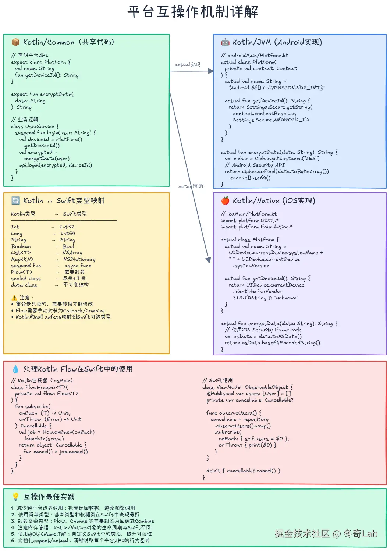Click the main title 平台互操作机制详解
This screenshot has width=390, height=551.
click(x=193, y=12)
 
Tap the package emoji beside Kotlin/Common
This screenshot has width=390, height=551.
click(x=15, y=42)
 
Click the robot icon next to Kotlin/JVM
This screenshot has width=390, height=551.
click(x=225, y=42)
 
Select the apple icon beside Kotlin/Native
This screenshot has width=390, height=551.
click(x=225, y=200)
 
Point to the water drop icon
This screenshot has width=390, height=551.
click(x=15, y=369)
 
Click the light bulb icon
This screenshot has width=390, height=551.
click(x=15, y=497)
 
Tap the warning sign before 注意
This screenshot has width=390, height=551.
click(x=14, y=298)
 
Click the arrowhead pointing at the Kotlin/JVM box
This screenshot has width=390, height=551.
click(x=211, y=71)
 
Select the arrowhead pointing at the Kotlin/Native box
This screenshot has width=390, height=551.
click(x=208, y=260)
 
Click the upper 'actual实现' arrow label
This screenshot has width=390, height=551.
click(x=187, y=65)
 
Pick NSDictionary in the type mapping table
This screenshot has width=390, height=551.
click(x=79, y=259)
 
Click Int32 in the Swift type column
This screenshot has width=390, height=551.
click(x=67, y=227)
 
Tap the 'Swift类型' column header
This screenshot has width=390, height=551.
click(x=75, y=214)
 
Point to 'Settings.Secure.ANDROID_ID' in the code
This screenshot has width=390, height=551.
click(x=271, y=120)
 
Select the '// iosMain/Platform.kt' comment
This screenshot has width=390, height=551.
click(x=249, y=214)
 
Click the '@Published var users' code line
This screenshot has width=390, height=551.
click(x=249, y=394)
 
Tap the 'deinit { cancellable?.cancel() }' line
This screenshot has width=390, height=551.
click(x=243, y=471)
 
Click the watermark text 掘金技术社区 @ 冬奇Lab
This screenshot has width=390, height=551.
click(x=326, y=534)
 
